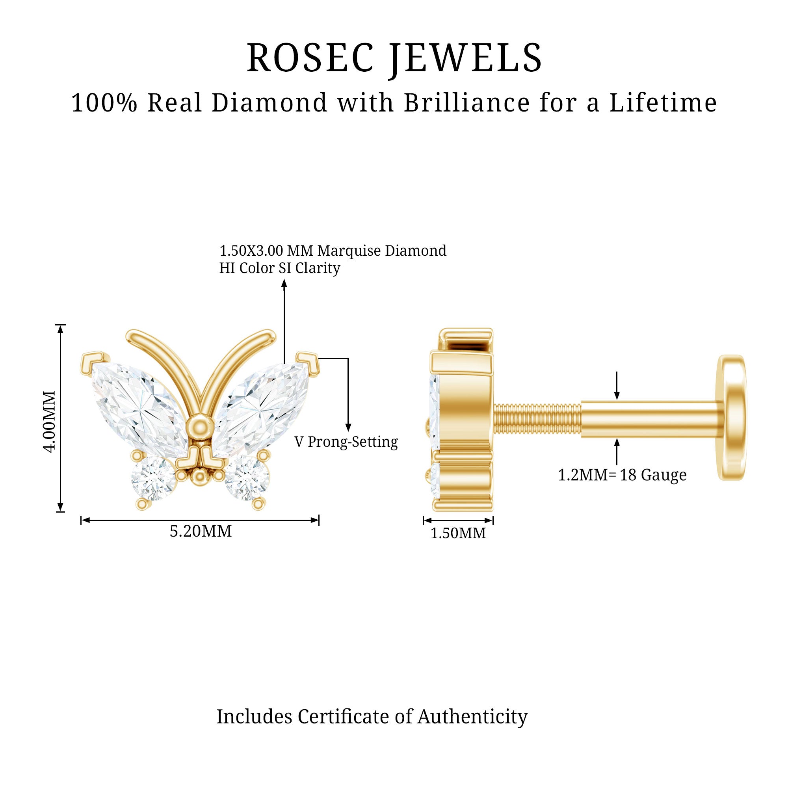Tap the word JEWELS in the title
[465, 59]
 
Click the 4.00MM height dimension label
[49, 421]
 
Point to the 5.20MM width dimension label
[201, 531]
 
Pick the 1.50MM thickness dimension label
[458, 533]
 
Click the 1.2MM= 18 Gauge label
[622, 475]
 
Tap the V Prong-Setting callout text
[346, 442]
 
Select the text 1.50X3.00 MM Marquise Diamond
[333, 251]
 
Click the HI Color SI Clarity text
[279, 268]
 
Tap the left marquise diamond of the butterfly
[139, 409]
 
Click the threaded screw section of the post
[537, 420]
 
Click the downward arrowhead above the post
[617, 394]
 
